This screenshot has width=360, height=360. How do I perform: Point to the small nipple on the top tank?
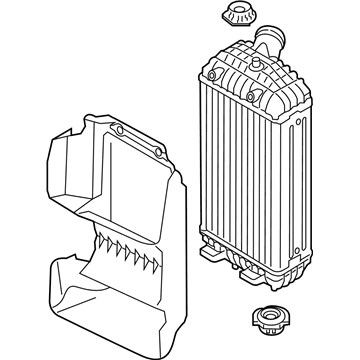coord(258,62)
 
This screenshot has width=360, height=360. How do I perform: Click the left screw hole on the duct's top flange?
coord(120,131)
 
